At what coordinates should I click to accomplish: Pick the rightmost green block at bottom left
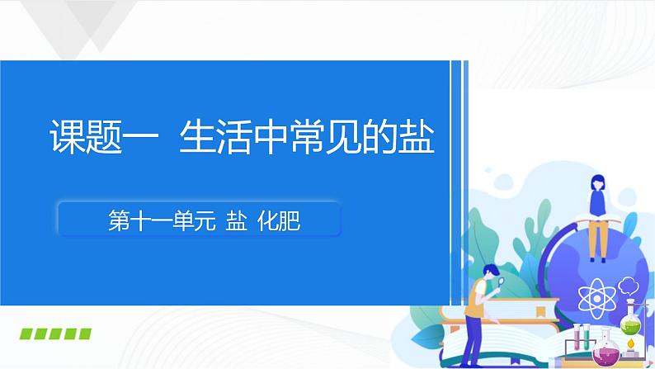tap(83, 334)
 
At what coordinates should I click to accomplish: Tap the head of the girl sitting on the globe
tap(596, 182)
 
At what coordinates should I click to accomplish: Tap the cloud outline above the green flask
tap(628, 286)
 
